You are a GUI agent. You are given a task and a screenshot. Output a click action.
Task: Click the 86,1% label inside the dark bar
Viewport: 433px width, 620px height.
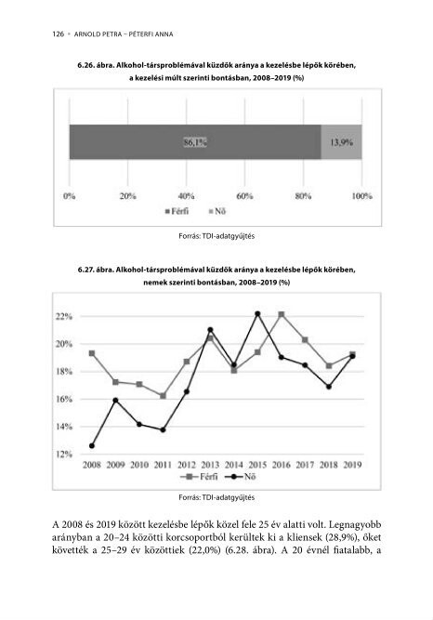195,142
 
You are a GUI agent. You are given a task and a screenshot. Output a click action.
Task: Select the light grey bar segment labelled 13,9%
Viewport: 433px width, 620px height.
341,142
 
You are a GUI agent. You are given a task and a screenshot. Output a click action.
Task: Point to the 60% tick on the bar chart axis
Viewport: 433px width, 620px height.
244,196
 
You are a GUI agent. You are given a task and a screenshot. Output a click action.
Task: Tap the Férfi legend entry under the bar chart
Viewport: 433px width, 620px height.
177,211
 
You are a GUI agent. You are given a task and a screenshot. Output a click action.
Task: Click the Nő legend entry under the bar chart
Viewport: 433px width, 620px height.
217,211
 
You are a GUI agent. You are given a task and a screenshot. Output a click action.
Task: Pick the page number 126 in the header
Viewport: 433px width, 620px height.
59,34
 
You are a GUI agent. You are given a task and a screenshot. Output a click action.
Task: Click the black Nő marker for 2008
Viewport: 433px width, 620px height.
92,445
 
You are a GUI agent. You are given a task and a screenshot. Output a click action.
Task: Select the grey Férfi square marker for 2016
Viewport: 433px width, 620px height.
282,314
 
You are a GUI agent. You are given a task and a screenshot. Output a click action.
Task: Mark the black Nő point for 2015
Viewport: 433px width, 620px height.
257,313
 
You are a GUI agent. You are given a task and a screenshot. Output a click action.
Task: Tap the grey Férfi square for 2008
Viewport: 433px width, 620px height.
92,353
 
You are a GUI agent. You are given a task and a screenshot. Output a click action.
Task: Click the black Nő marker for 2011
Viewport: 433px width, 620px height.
163,429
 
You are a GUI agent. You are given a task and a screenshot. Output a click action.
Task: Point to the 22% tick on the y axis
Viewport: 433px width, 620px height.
64,316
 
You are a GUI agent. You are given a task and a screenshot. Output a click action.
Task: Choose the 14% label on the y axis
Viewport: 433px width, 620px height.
64,427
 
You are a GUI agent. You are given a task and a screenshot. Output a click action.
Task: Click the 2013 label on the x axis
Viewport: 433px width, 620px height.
210,465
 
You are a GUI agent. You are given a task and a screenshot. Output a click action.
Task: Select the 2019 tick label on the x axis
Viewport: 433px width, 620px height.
352,465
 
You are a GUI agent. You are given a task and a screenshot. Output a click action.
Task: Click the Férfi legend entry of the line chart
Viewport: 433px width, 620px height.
199,477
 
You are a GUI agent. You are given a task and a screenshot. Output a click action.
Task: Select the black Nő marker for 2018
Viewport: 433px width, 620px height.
329,387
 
